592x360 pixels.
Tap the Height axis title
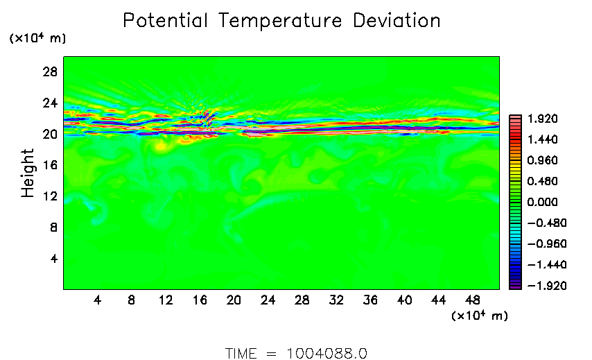(28, 173)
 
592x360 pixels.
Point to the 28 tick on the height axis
(51, 71)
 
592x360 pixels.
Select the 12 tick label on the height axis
(51, 196)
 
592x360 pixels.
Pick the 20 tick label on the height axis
(51, 134)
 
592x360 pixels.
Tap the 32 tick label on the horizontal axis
(336, 300)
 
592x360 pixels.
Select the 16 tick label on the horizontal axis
(200, 300)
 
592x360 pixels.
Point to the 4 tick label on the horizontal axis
(97, 300)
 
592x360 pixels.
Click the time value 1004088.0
(327, 353)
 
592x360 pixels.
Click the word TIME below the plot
(243, 353)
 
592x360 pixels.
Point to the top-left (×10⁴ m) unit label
(37, 39)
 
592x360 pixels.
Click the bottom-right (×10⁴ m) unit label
(479, 316)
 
